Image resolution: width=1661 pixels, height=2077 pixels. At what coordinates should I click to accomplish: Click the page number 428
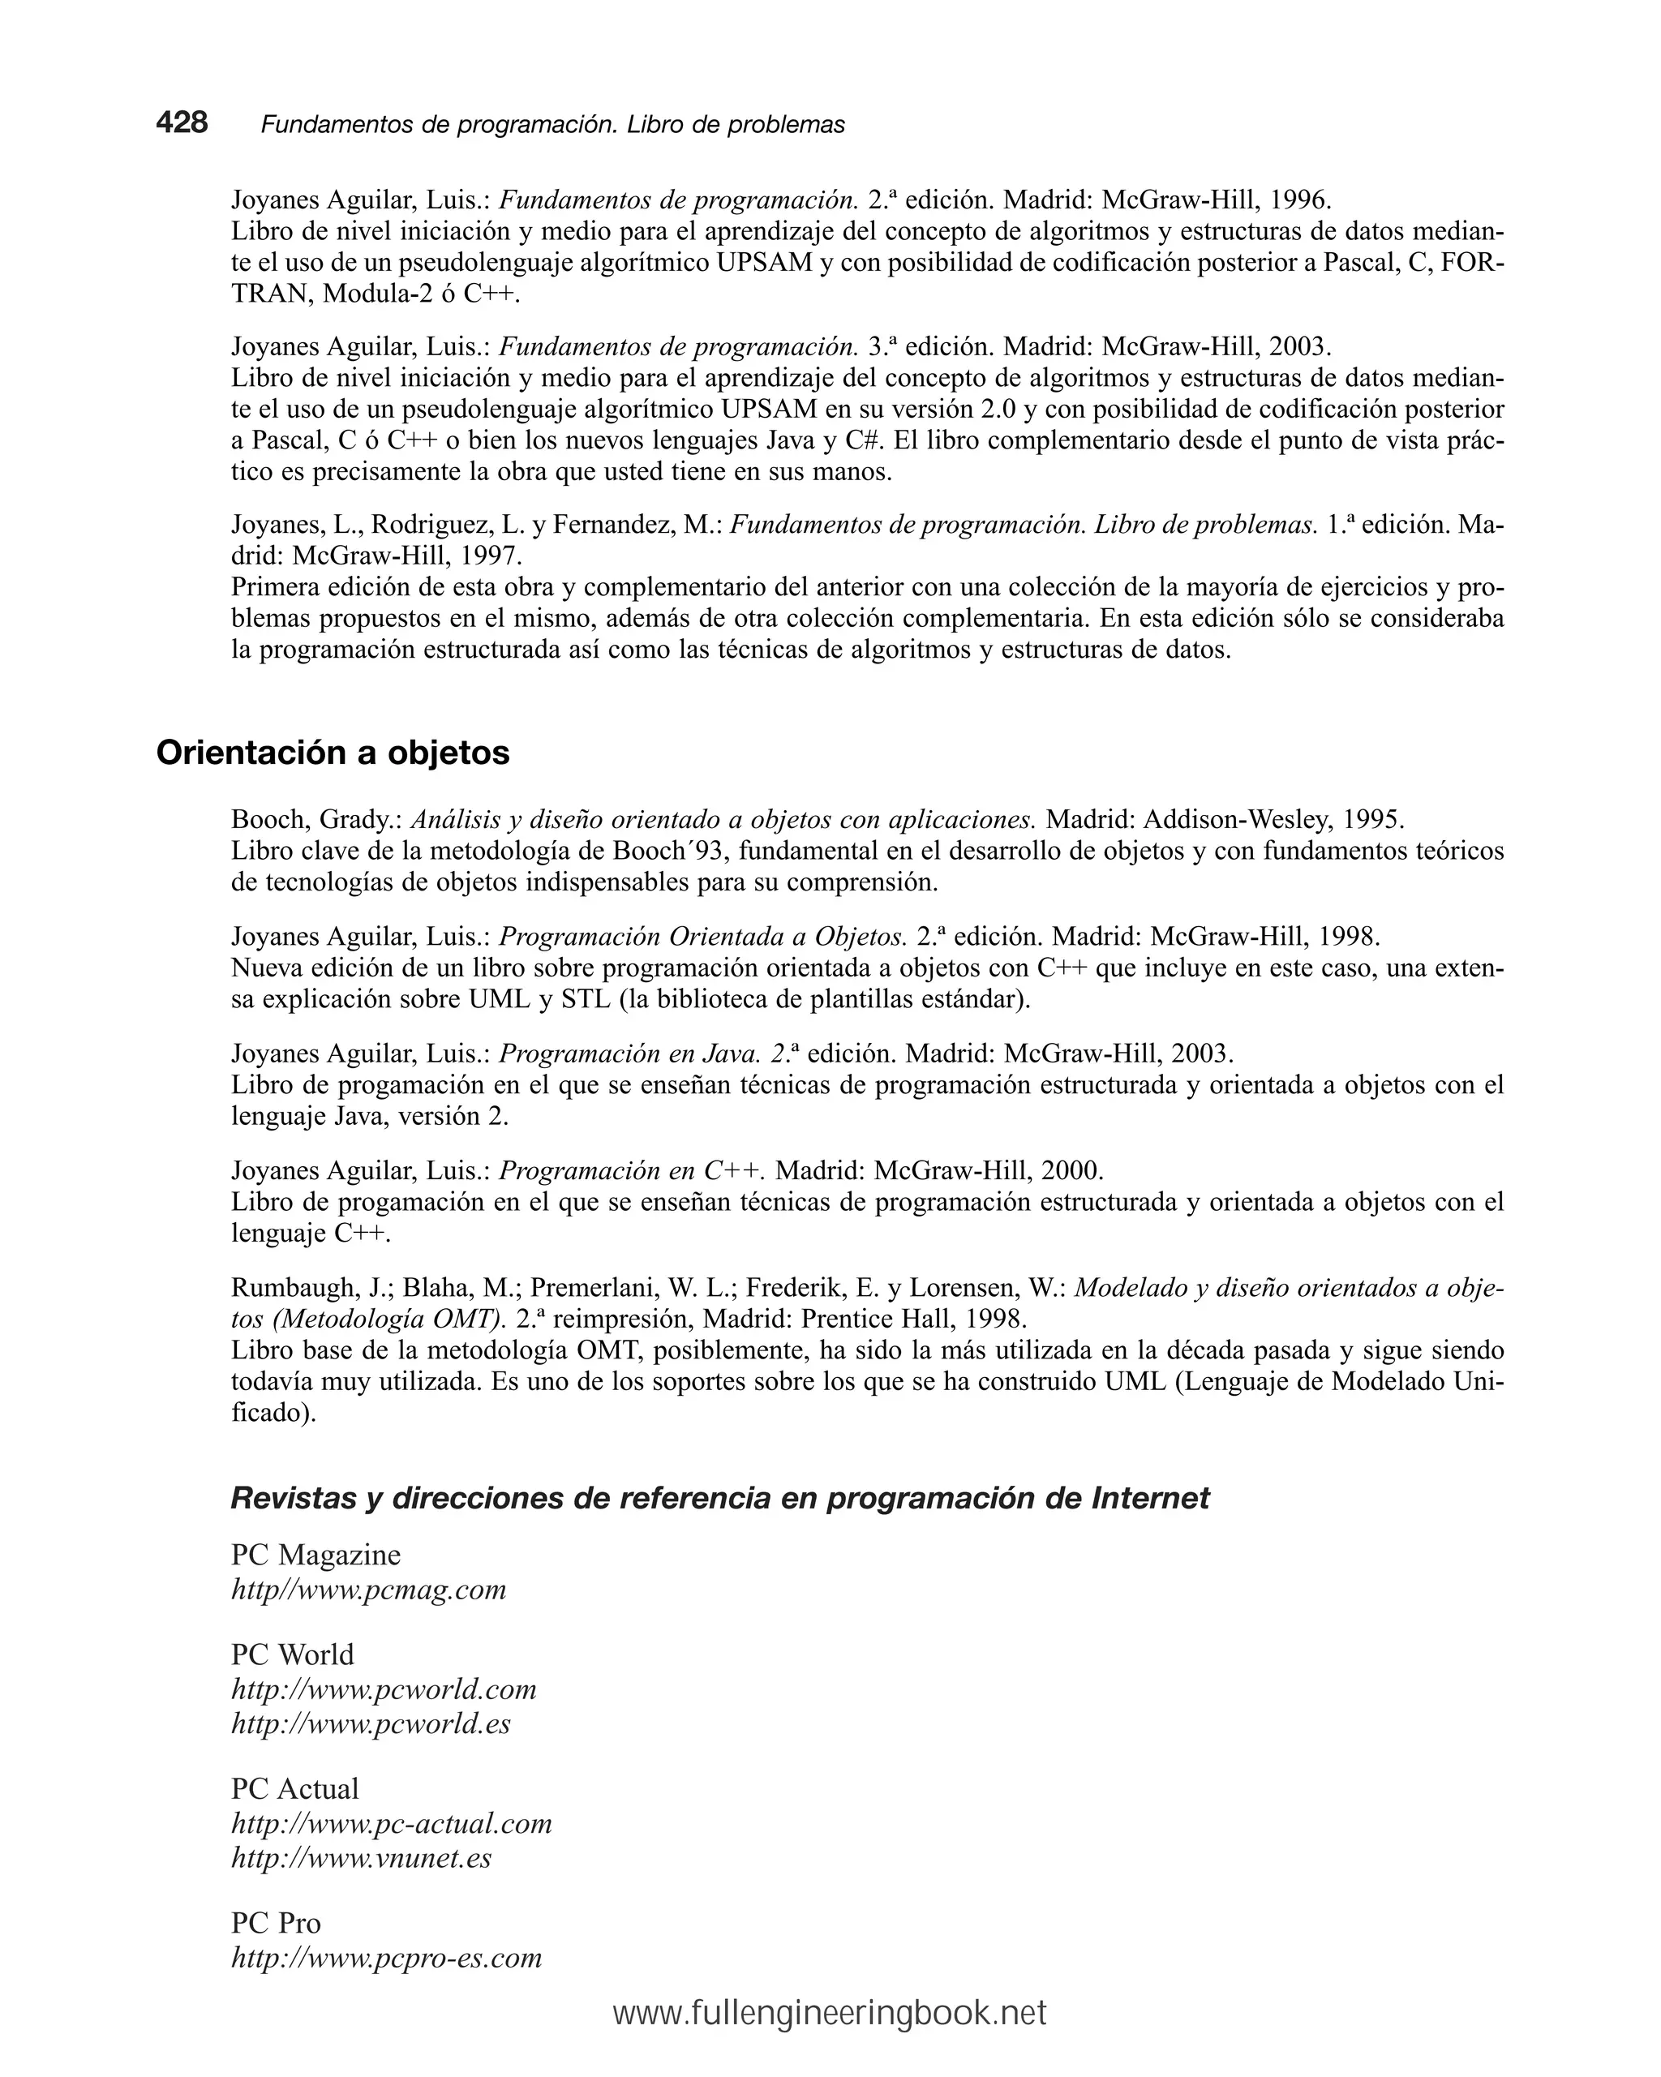182,122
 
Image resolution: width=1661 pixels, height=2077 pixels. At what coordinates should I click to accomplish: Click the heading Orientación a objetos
333,753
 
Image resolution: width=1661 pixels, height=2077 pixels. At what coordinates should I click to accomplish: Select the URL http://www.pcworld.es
371,1723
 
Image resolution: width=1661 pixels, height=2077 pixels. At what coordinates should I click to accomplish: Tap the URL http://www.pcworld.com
384,1689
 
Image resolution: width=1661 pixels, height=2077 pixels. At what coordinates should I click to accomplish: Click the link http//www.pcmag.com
368,1589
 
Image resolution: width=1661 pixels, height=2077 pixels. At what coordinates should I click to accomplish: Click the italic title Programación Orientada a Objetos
702,937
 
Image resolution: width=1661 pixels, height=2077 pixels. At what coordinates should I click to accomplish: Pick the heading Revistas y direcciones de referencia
719,1498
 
